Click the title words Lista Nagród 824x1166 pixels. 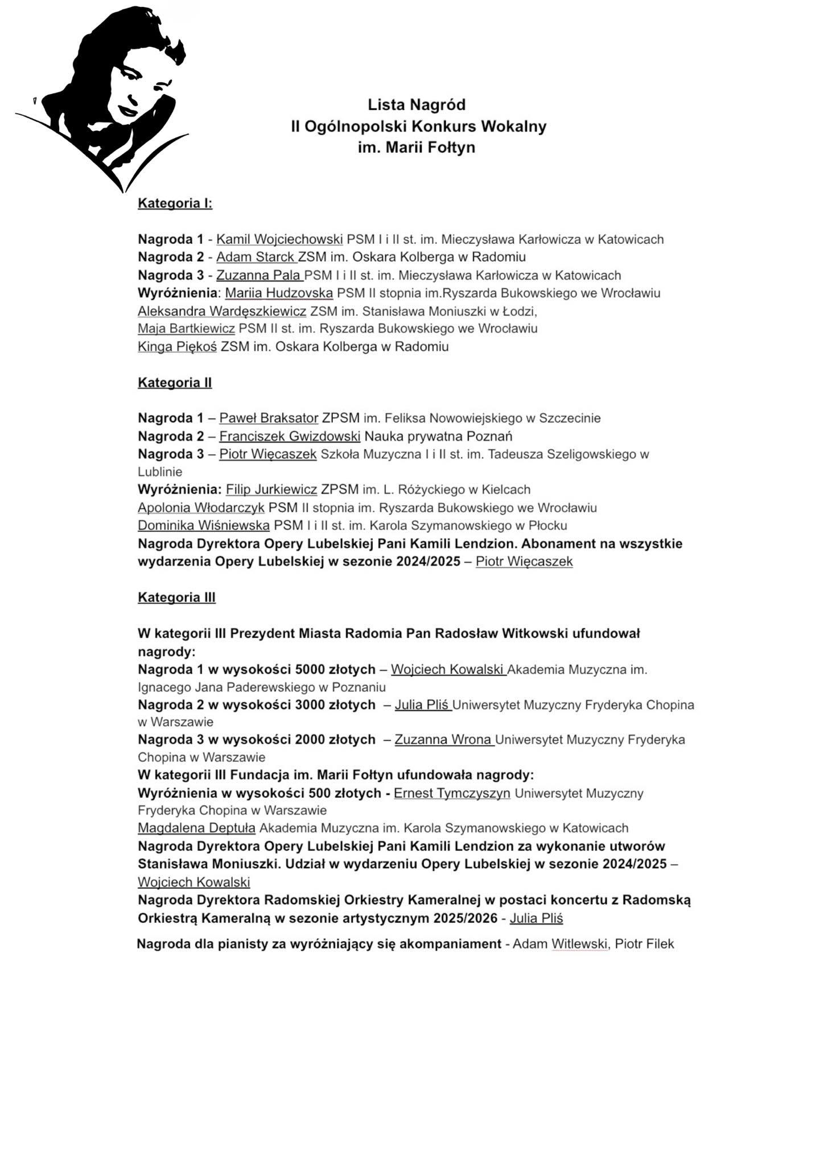(417, 105)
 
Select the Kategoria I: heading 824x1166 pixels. (175, 204)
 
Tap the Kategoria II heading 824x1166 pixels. (175, 383)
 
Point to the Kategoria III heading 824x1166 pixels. (176, 597)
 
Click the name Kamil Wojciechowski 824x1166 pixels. (279, 239)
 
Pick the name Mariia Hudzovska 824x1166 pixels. (279, 293)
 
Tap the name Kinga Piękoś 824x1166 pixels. (177, 347)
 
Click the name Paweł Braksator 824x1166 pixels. (269, 418)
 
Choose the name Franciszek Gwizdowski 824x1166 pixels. (290, 437)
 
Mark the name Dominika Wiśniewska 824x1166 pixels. (204, 525)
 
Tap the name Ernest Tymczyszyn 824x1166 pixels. (452, 794)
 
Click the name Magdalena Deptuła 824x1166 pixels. (196, 828)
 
